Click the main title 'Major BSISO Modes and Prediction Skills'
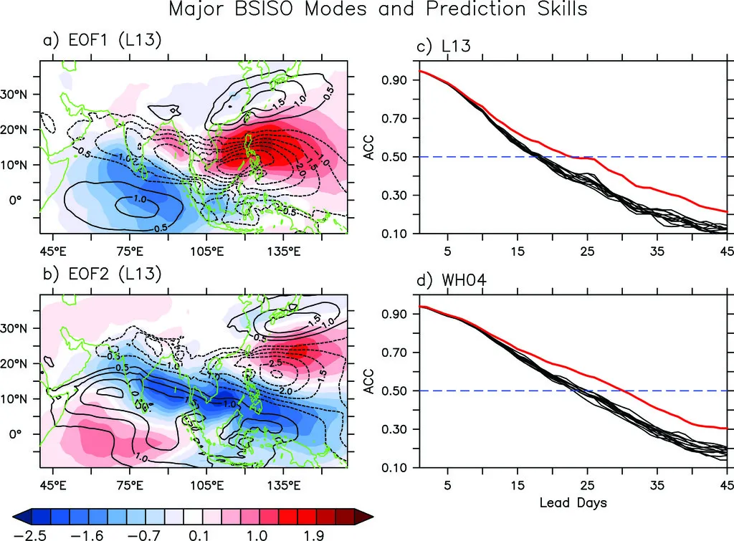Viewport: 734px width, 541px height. (x=378, y=10)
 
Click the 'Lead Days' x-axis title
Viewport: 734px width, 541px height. (x=573, y=502)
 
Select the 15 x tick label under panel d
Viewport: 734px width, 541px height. (x=517, y=484)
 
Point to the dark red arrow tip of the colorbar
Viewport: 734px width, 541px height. (x=370, y=515)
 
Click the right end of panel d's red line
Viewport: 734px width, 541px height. (x=726, y=429)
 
